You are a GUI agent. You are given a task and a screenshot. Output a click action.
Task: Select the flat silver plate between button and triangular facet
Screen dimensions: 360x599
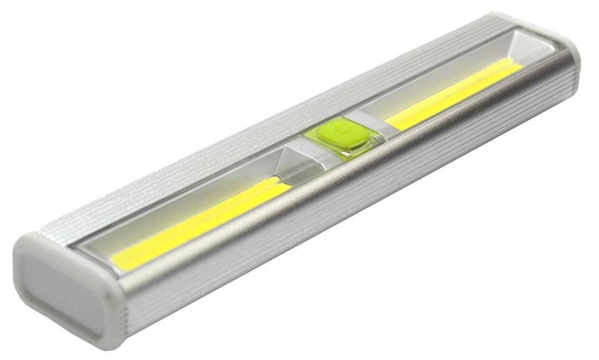pos(302,155)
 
